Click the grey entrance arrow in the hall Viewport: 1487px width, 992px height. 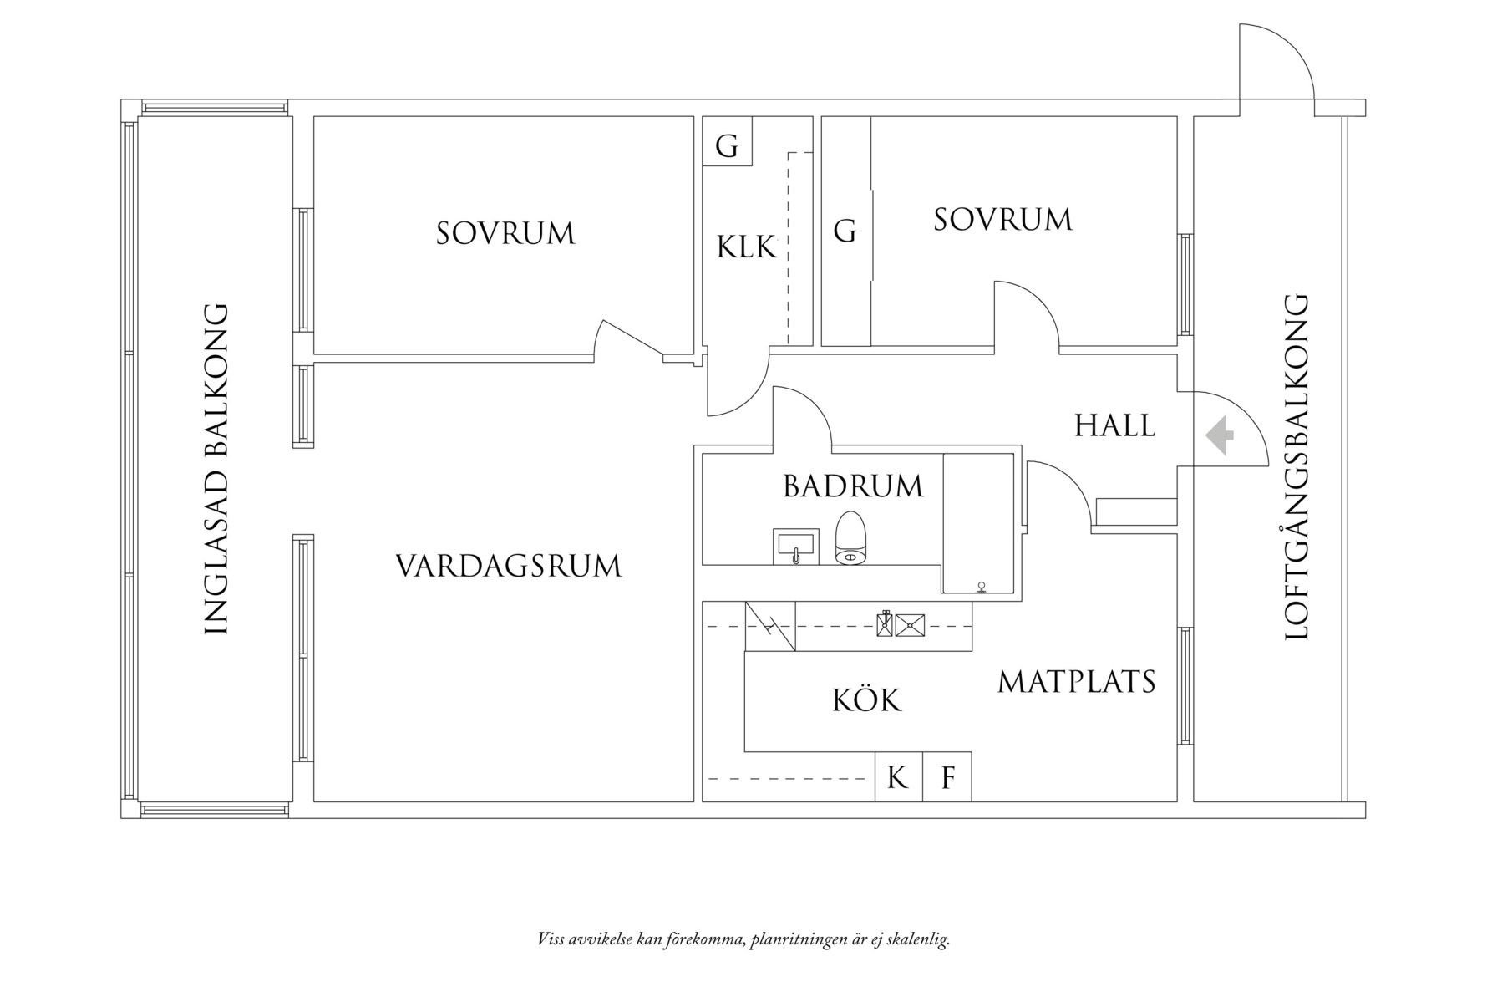[x=1221, y=435]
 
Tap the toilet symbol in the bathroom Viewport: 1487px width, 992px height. [x=852, y=538]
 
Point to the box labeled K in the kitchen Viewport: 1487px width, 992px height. [x=898, y=777]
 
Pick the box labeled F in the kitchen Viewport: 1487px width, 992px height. [x=947, y=777]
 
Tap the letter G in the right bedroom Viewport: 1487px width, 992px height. [x=845, y=230]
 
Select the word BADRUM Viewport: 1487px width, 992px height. [x=853, y=486]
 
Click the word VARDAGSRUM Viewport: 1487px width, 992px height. [x=508, y=566]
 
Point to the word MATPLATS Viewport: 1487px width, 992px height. [x=1076, y=682]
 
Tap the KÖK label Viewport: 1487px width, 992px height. [x=867, y=699]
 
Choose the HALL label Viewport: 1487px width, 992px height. [x=1114, y=425]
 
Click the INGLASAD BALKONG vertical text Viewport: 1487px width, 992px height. [x=216, y=468]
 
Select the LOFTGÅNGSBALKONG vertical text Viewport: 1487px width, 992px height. [x=1295, y=468]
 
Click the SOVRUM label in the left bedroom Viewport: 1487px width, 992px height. [x=505, y=233]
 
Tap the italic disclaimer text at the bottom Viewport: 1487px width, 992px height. [x=743, y=939]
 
